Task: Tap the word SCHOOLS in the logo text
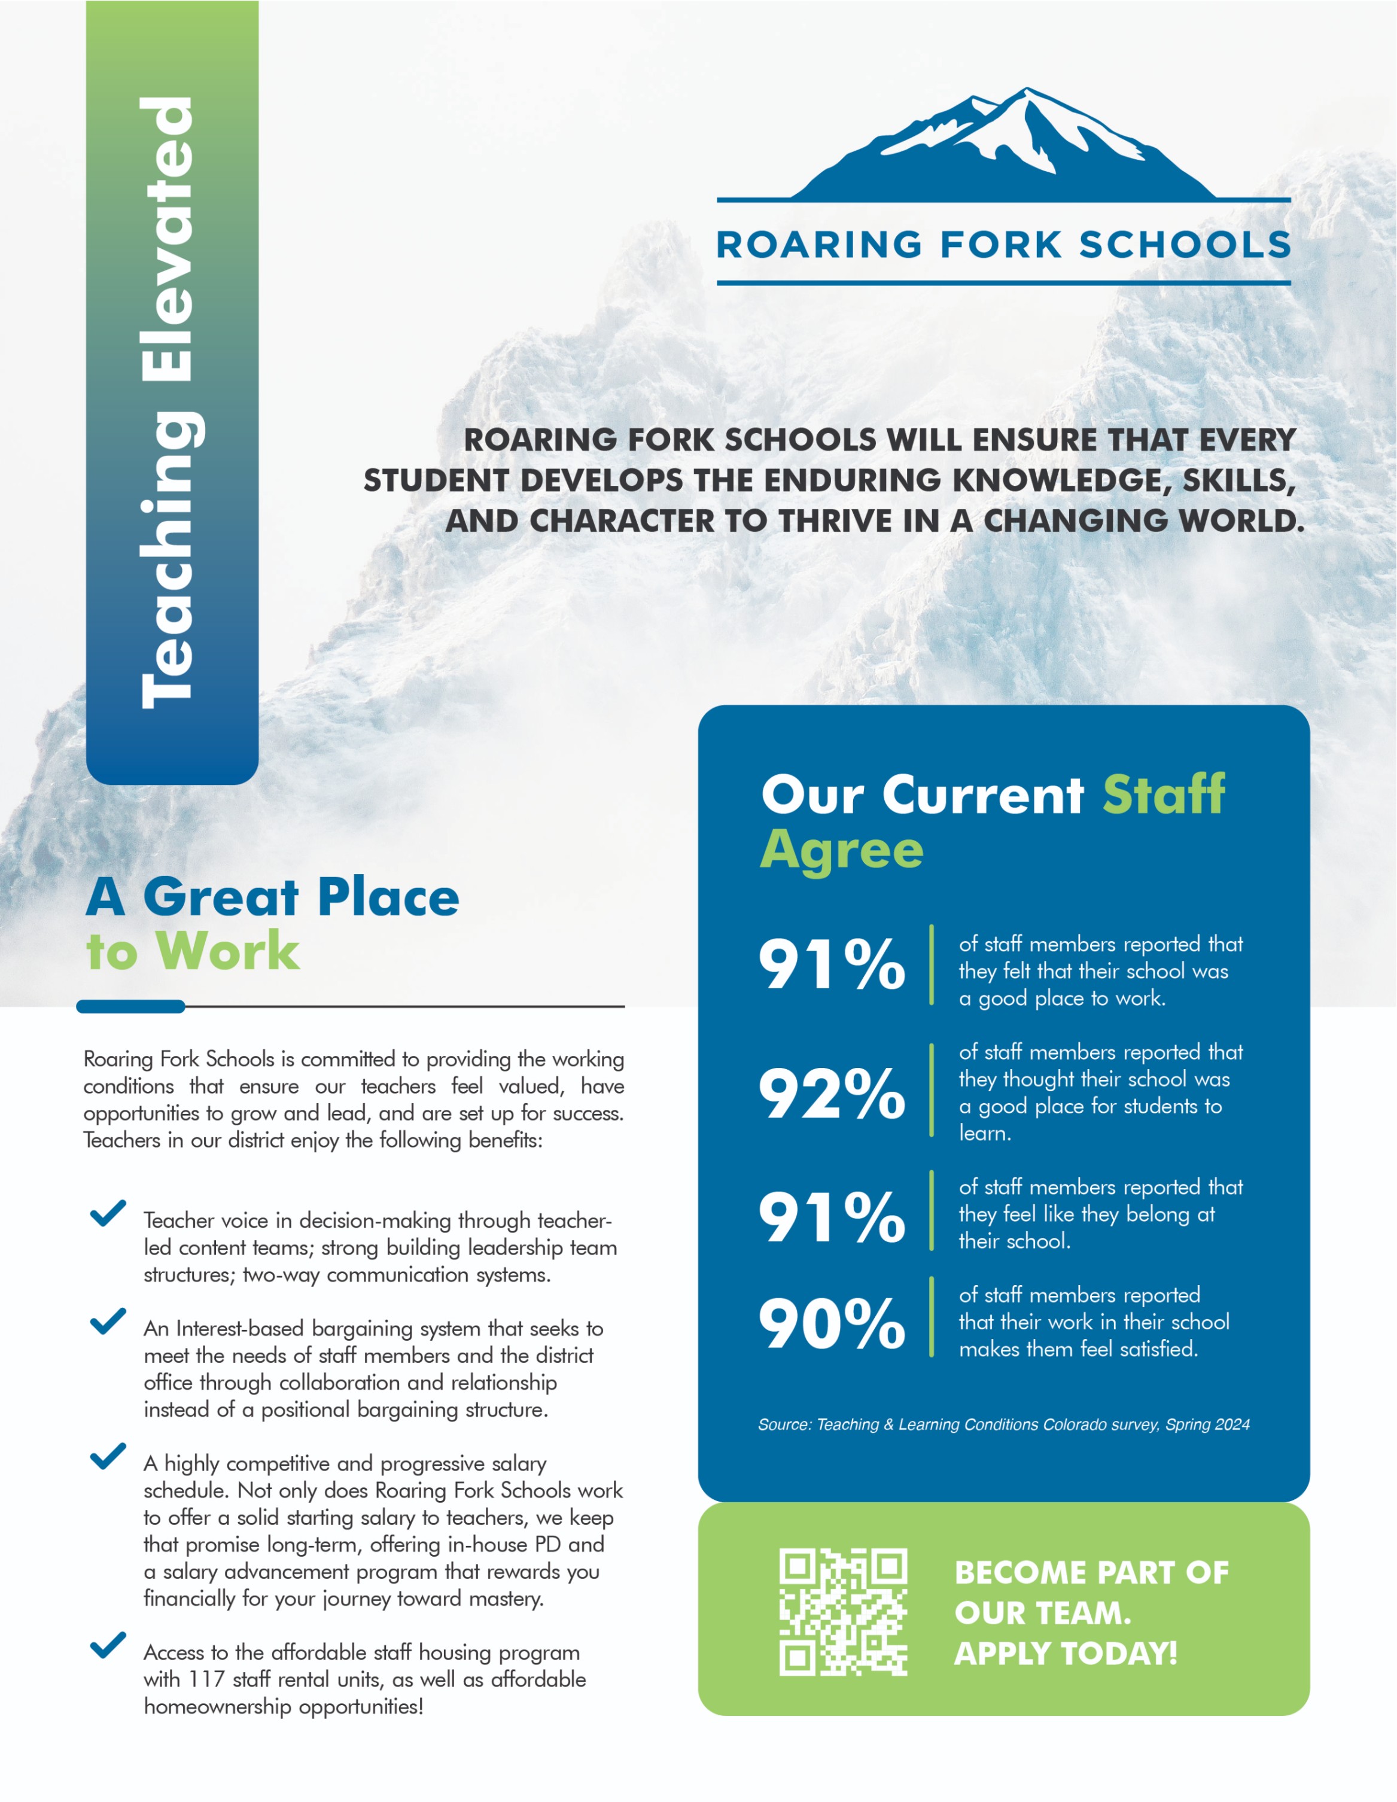coord(1185,245)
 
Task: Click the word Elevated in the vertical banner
coord(169,239)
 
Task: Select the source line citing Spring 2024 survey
coord(1003,1425)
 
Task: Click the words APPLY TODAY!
coord(1066,1654)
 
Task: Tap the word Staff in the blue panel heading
coord(1164,795)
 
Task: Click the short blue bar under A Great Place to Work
coord(130,1007)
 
